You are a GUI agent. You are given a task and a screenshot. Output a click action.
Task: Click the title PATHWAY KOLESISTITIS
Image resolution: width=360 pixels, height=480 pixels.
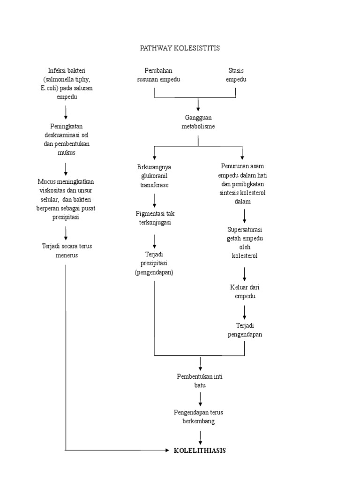pyautogui.click(x=180, y=48)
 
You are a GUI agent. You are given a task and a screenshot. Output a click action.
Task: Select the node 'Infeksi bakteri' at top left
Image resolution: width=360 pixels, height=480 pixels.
pyautogui.click(x=66, y=83)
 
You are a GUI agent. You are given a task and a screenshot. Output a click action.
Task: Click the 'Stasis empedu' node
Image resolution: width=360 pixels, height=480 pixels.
pyautogui.click(x=236, y=75)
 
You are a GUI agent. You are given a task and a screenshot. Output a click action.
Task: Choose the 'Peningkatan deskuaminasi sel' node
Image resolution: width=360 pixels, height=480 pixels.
pyautogui.click(x=66, y=139)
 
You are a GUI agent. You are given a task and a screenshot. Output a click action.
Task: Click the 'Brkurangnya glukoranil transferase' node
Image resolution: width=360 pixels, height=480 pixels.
pyautogui.click(x=154, y=176)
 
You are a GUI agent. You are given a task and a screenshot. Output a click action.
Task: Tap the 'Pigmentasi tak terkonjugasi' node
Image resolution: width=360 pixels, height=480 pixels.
pyautogui.click(x=154, y=218)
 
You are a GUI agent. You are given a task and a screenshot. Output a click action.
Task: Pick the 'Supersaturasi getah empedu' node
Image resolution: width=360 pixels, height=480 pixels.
pyautogui.click(x=244, y=242)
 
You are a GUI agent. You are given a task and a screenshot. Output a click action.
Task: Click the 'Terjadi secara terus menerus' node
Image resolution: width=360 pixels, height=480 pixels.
pyautogui.click(x=66, y=251)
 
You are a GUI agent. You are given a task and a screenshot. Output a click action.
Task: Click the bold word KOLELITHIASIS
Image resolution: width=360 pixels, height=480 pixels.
pyautogui.click(x=200, y=450)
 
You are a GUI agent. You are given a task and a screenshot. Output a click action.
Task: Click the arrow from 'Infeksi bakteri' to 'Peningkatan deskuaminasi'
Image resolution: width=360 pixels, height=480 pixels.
pyautogui.click(x=66, y=112)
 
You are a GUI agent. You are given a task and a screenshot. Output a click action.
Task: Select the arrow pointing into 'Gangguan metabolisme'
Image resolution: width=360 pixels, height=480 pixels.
pyautogui.click(x=198, y=105)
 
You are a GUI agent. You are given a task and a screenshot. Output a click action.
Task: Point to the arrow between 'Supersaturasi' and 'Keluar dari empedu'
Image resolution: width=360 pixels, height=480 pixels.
pyautogui.click(x=244, y=274)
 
